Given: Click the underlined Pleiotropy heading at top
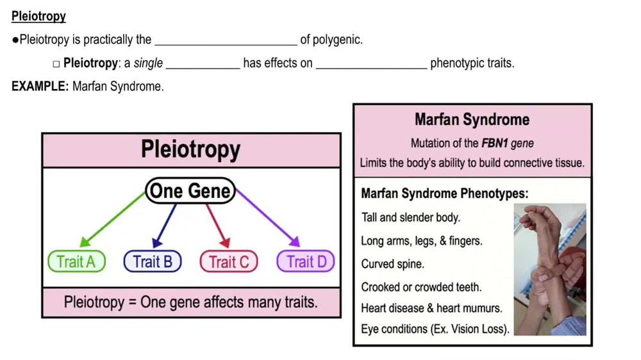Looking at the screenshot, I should tap(38, 17).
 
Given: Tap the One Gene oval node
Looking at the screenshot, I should tap(190, 191).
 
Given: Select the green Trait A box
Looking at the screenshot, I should tap(76, 261).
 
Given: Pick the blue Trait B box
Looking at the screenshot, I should tap(153, 261).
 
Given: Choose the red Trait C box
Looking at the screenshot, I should tap(229, 261).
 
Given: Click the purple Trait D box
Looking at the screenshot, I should tap(306, 261).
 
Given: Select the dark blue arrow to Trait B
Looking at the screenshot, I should tap(165, 225).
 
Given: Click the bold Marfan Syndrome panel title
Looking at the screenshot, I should tap(472, 120).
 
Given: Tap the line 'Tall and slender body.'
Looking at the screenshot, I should tap(410, 217).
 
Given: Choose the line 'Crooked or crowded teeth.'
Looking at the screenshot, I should tap(421, 287).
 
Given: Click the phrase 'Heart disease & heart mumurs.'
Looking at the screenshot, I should tap(431, 308).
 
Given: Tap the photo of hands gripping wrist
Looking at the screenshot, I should tap(550, 269).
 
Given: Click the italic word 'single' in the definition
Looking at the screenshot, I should tap(148, 63).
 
